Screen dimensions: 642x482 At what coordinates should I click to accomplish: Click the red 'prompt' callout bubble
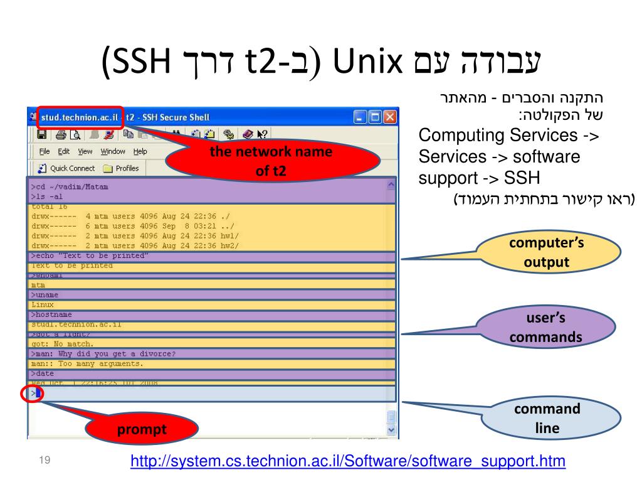[141, 431]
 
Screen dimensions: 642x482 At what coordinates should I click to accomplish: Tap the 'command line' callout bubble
[547, 419]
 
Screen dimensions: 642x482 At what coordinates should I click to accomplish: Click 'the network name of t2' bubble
[271, 161]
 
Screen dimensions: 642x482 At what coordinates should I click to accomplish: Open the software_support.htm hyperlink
[348, 462]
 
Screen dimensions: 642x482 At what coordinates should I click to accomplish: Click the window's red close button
[390, 117]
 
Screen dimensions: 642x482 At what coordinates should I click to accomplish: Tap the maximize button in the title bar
[376, 117]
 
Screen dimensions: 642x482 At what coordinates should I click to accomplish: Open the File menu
[45, 151]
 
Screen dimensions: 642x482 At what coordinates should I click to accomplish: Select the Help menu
[140, 151]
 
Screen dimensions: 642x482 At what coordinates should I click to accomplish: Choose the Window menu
[113, 151]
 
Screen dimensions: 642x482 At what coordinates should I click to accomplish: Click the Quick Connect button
[67, 168]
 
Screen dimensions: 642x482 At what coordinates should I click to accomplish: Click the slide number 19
[44, 462]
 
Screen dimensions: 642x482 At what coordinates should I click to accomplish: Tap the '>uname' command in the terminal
[45, 294]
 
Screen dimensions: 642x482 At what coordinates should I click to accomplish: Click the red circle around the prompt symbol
[30, 394]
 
